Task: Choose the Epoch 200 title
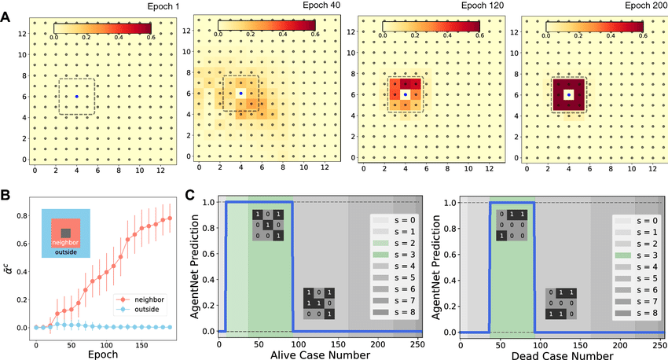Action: coord(644,6)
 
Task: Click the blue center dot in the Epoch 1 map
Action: coord(76,97)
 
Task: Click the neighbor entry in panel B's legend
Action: coord(147,299)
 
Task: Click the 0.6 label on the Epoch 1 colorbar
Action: coord(151,37)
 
